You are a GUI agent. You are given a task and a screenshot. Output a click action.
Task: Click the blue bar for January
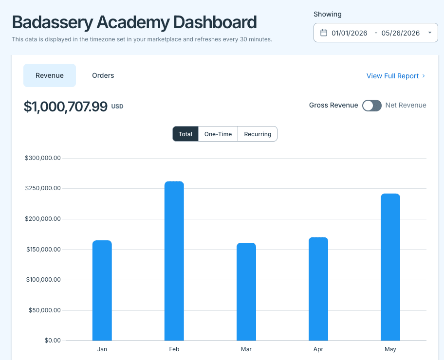click(102, 290)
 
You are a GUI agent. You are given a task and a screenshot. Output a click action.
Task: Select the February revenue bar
click(174, 261)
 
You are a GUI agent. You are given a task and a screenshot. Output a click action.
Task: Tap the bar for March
click(246, 292)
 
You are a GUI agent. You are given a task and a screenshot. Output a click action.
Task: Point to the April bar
click(318, 289)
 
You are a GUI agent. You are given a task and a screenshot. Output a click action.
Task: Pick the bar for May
click(390, 267)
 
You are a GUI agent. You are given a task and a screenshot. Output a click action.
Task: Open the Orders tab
click(103, 75)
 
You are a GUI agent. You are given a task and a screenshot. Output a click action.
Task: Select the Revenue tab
click(50, 75)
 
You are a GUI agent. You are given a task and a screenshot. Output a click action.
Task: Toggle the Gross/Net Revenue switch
click(372, 106)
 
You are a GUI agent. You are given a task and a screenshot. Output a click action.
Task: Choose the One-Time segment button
click(218, 134)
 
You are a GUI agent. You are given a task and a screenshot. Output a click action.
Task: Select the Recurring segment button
click(258, 134)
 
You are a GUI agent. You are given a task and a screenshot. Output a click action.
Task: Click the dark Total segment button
click(185, 134)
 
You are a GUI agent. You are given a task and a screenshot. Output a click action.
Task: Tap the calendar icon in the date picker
click(324, 33)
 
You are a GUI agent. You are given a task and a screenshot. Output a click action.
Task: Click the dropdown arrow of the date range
click(430, 33)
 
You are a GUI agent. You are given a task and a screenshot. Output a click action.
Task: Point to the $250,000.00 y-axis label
click(43, 188)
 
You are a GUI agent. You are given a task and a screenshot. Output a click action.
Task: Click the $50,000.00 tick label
click(45, 310)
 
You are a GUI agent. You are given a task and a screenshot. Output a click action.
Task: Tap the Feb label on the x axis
click(174, 349)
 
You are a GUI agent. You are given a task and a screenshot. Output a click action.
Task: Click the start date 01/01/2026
click(350, 33)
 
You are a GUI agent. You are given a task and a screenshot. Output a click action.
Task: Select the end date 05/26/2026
click(401, 33)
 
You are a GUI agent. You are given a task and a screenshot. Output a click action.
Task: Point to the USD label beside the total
click(117, 107)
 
